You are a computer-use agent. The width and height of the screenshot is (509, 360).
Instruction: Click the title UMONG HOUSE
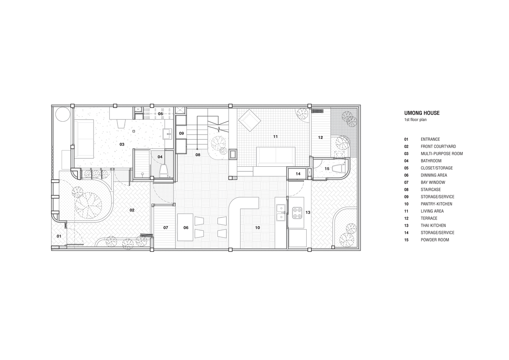pyautogui.click(x=422, y=113)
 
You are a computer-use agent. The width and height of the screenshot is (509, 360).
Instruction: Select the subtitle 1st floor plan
pyautogui.click(x=415, y=120)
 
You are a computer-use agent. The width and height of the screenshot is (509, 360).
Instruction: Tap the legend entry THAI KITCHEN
pyautogui.click(x=433, y=225)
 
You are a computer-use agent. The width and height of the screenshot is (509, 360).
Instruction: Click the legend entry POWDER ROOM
pyautogui.click(x=435, y=240)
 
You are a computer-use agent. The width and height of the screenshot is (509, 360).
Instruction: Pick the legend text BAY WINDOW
pyautogui.click(x=433, y=182)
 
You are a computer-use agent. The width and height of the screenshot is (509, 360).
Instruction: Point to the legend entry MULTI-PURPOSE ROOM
pyautogui.click(x=442, y=154)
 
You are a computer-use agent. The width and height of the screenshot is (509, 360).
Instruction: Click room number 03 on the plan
pyautogui.click(x=122, y=144)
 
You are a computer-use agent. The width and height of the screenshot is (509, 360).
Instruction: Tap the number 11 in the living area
pyautogui.click(x=275, y=136)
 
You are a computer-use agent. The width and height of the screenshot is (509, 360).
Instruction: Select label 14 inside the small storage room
pyautogui.click(x=298, y=174)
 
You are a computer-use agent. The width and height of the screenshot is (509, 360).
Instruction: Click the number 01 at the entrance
pyautogui.click(x=59, y=236)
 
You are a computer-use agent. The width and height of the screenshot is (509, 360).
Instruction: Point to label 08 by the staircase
pyautogui.click(x=198, y=155)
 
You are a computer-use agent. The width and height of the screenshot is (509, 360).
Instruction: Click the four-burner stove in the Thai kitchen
pyautogui.click(x=297, y=213)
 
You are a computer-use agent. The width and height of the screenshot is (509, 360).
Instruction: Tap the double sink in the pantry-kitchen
pyautogui.click(x=281, y=213)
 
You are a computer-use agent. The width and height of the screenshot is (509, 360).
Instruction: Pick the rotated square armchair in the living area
pyautogui.click(x=249, y=121)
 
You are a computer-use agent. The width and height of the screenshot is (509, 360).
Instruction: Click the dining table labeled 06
pyautogui.click(x=186, y=228)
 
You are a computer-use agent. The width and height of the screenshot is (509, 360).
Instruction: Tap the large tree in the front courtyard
pyautogui.click(x=89, y=206)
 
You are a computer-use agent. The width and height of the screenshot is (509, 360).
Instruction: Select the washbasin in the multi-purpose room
pyautogui.click(x=168, y=134)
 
